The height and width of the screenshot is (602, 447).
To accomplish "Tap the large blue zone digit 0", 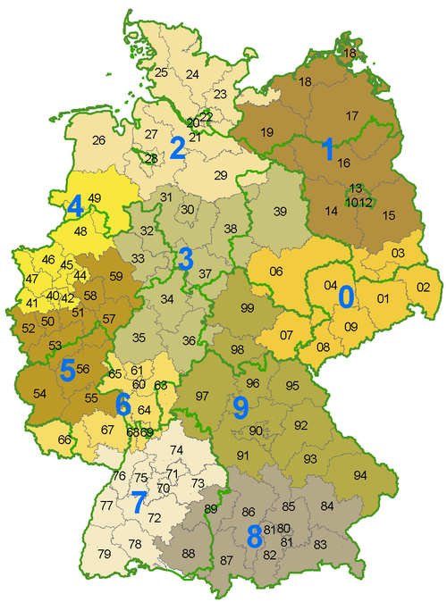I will (346, 294).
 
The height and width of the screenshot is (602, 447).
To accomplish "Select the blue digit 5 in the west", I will (67, 370).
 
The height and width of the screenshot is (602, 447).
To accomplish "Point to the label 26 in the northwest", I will (98, 140).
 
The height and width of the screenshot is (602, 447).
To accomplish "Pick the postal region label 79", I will (105, 555).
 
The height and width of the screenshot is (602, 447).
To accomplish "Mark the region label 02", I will (423, 287).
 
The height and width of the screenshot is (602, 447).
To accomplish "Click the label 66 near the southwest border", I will (63, 439).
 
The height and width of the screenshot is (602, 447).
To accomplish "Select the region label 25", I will (161, 72).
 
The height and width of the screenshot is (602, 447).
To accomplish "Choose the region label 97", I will (202, 396).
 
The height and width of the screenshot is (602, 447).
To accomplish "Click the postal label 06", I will (276, 272).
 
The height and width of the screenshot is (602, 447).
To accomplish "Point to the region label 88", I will (189, 554).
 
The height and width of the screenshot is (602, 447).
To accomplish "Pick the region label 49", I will (94, 198).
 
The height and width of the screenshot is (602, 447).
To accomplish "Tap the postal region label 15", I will (389, 215).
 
